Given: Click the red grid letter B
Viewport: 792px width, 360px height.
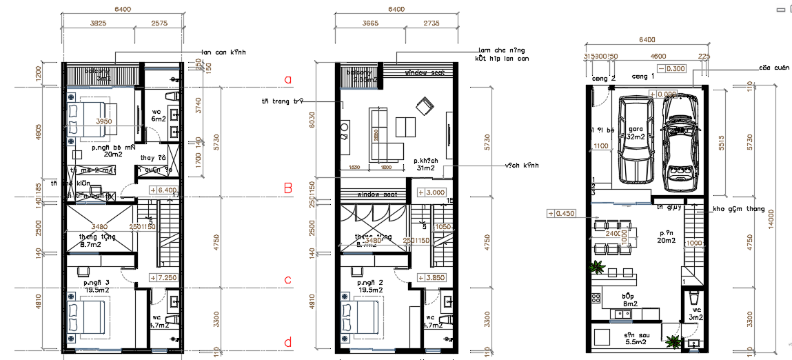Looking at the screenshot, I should point(290,188).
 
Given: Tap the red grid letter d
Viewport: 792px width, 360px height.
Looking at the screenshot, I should point(288,343).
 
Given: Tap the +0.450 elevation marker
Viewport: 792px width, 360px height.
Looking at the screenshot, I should point(562,213).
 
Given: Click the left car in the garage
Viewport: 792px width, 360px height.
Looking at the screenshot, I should point(636,139).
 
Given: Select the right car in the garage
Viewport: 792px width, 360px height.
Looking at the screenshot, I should point(681,143).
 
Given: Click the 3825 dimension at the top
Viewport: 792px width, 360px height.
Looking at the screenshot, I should point(98,23).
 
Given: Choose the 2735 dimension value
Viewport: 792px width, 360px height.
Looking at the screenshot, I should point(429,23).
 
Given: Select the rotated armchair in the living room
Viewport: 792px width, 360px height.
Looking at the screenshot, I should point(424,106).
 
